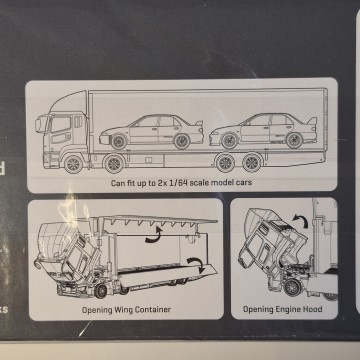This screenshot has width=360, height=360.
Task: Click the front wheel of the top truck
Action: point(73,163)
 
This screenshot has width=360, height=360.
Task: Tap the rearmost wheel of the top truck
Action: point(252,162)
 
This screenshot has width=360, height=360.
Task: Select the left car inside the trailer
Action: point(151,132)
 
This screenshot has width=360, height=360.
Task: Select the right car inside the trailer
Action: point(263,131)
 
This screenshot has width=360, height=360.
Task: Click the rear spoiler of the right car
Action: point(312,121)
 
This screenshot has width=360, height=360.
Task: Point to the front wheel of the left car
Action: point(119,142)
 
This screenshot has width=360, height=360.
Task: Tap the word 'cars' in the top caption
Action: point(244,182)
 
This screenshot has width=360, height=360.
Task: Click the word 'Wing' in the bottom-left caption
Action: point(124,310)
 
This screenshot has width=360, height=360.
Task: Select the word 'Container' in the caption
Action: point(153,309)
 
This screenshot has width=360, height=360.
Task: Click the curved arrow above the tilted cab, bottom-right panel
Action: point(300,221)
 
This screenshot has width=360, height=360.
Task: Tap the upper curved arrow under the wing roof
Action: point(154,235)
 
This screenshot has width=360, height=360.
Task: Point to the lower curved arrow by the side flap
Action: point(196,264)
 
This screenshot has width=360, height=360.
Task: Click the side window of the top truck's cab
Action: point(61,124)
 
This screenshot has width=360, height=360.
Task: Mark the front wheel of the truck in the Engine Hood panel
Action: point(293,287)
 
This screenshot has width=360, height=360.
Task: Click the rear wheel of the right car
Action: point(295,140)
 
